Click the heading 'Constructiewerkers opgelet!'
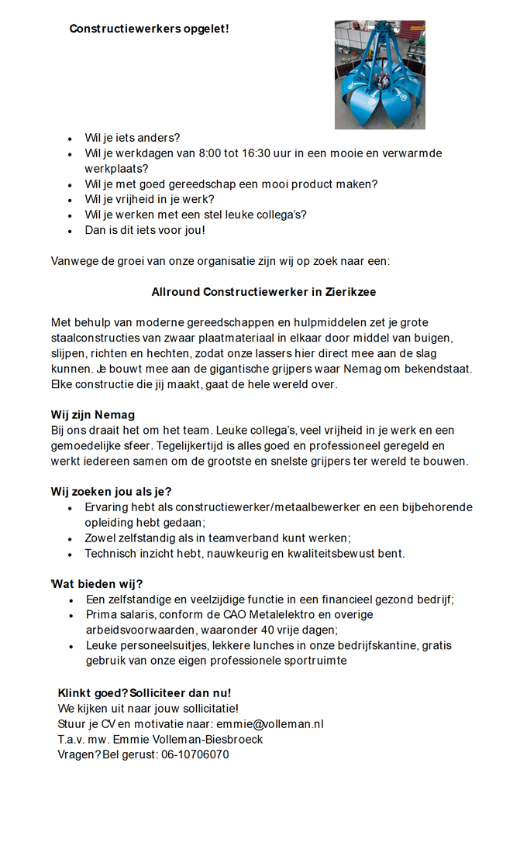(149, 29)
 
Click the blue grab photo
(380, 74)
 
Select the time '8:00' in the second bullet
(210, 153)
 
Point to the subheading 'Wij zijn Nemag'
(93, 415)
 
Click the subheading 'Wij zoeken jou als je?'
(112, 492)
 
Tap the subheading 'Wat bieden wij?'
(98, 584)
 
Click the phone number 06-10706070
(195, 754)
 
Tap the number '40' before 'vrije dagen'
(268, 630)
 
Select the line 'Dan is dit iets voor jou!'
(145, 230)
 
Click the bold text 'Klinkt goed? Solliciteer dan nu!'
(144, 692)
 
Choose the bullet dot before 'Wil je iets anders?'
(71, 139)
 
